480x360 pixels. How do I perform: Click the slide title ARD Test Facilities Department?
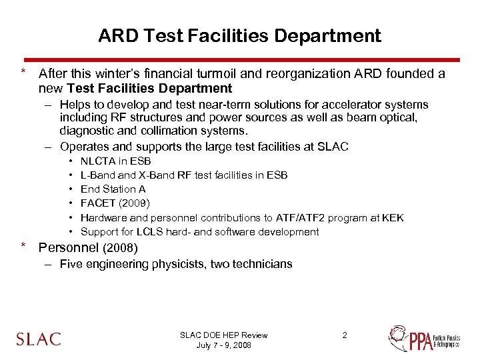[x=239, y=35]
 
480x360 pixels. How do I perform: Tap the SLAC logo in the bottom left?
[x=39, y=339]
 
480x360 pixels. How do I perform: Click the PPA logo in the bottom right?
[x=423, y=339]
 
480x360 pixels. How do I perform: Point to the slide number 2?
[x=345, y=335]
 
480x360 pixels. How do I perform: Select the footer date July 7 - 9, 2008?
[x=224, y=345]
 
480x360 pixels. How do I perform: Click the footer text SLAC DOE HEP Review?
[x=224, y=335]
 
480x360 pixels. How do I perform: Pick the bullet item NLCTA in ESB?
[x=115, y=161]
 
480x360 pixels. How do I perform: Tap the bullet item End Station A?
[x=113, y=189]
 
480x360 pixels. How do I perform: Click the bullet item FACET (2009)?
[x=115, y=203]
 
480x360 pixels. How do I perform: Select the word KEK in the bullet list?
[x=393, y=217]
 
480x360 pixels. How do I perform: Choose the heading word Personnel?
[x=69, y=248]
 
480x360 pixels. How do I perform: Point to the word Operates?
[x=82, y=147]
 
